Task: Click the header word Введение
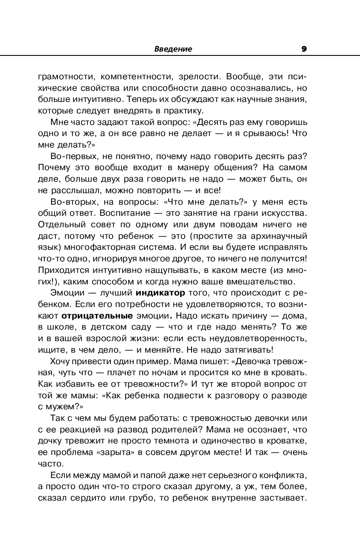[x=173, y=49]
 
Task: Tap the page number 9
[x=304, y=49]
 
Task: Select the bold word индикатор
[x=160, y=293]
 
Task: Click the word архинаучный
[x=279, y=235]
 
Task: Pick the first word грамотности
[x=63, y=77]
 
